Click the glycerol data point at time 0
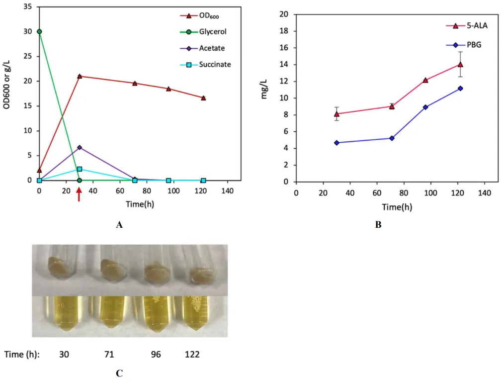click(x=39, y=31)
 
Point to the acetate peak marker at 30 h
click(x=80, y=147)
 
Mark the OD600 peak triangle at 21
click(x=80, y=76)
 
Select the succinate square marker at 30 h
click(x=80, y=169)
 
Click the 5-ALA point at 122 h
click(x=460, y=64)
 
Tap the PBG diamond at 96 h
click(x=425, y=107)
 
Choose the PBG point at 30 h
click(x=336, y=143)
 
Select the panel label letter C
click(x=119, y=373)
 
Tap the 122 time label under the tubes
click(x=192, y=355)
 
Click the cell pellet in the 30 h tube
click(x=62, y=266)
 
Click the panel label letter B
click(x=378, y=225)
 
